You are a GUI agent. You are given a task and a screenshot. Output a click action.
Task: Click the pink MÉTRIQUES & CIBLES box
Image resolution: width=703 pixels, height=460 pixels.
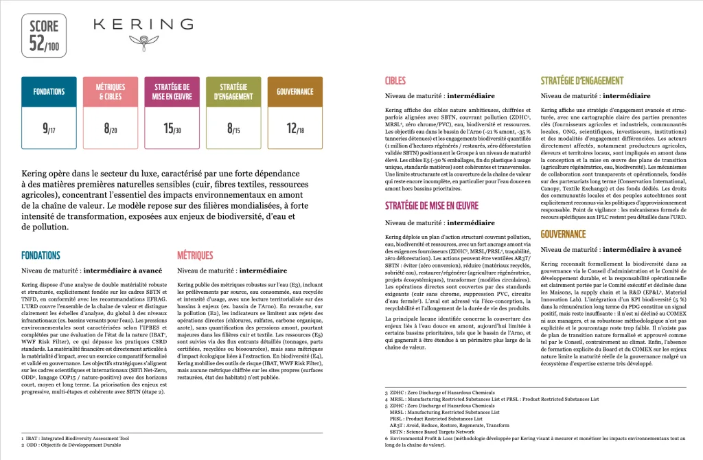(107, 92)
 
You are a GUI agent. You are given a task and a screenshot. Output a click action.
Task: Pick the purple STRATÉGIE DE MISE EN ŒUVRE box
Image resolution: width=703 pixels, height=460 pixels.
(172, 92)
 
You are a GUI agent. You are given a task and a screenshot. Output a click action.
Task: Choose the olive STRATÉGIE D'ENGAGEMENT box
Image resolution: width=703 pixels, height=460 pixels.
(233, 92)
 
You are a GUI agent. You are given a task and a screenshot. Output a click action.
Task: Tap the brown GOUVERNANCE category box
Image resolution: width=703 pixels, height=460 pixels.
(295, 92)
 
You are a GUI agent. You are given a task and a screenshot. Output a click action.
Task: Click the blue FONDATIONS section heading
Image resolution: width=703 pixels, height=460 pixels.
(41, 255)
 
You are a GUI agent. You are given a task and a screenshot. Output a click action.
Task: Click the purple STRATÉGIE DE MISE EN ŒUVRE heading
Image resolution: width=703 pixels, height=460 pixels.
(431, 205)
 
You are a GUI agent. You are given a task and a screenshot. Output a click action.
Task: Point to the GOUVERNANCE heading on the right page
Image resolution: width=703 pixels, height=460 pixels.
(563, 234)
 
